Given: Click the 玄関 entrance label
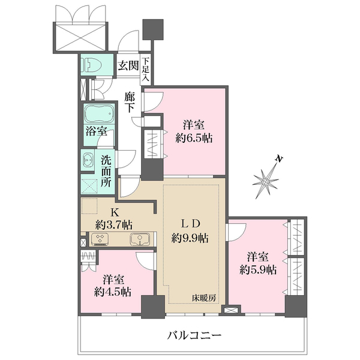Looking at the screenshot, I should pyautogui.click(x=127, y=65).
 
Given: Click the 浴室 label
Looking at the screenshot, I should pyautogui.click(x=96, y=131).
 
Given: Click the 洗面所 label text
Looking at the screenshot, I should pyautogui.click(x=106, y=172).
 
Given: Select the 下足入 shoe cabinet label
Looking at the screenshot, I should pyautogui.click(x=145, y=70).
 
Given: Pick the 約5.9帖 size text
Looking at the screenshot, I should pyautogui.click(x=258, y=270).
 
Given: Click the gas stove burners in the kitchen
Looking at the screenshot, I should pyautogui.click(x=99, y=239).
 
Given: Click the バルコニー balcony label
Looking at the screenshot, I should pyautogui.click(x=194, y=335).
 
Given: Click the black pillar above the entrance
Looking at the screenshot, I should pyautogui.click(x=153, y=29).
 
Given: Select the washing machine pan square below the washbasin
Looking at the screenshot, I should pyautogui.click(x=89, y=185).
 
